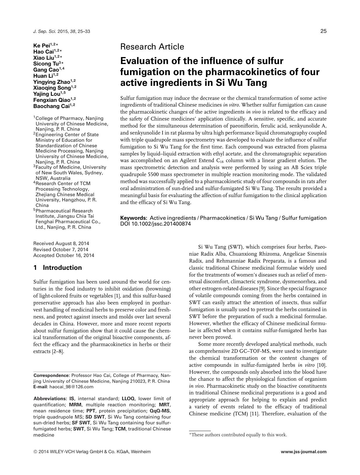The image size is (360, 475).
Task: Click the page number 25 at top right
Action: [323, 31]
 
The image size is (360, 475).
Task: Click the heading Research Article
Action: [152, 47]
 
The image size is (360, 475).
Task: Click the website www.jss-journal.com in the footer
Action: [304, 452]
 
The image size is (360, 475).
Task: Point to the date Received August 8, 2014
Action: [61, 243]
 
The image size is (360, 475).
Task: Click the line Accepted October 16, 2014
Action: [64, 255]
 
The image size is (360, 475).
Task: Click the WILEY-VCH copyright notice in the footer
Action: [92, 452]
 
